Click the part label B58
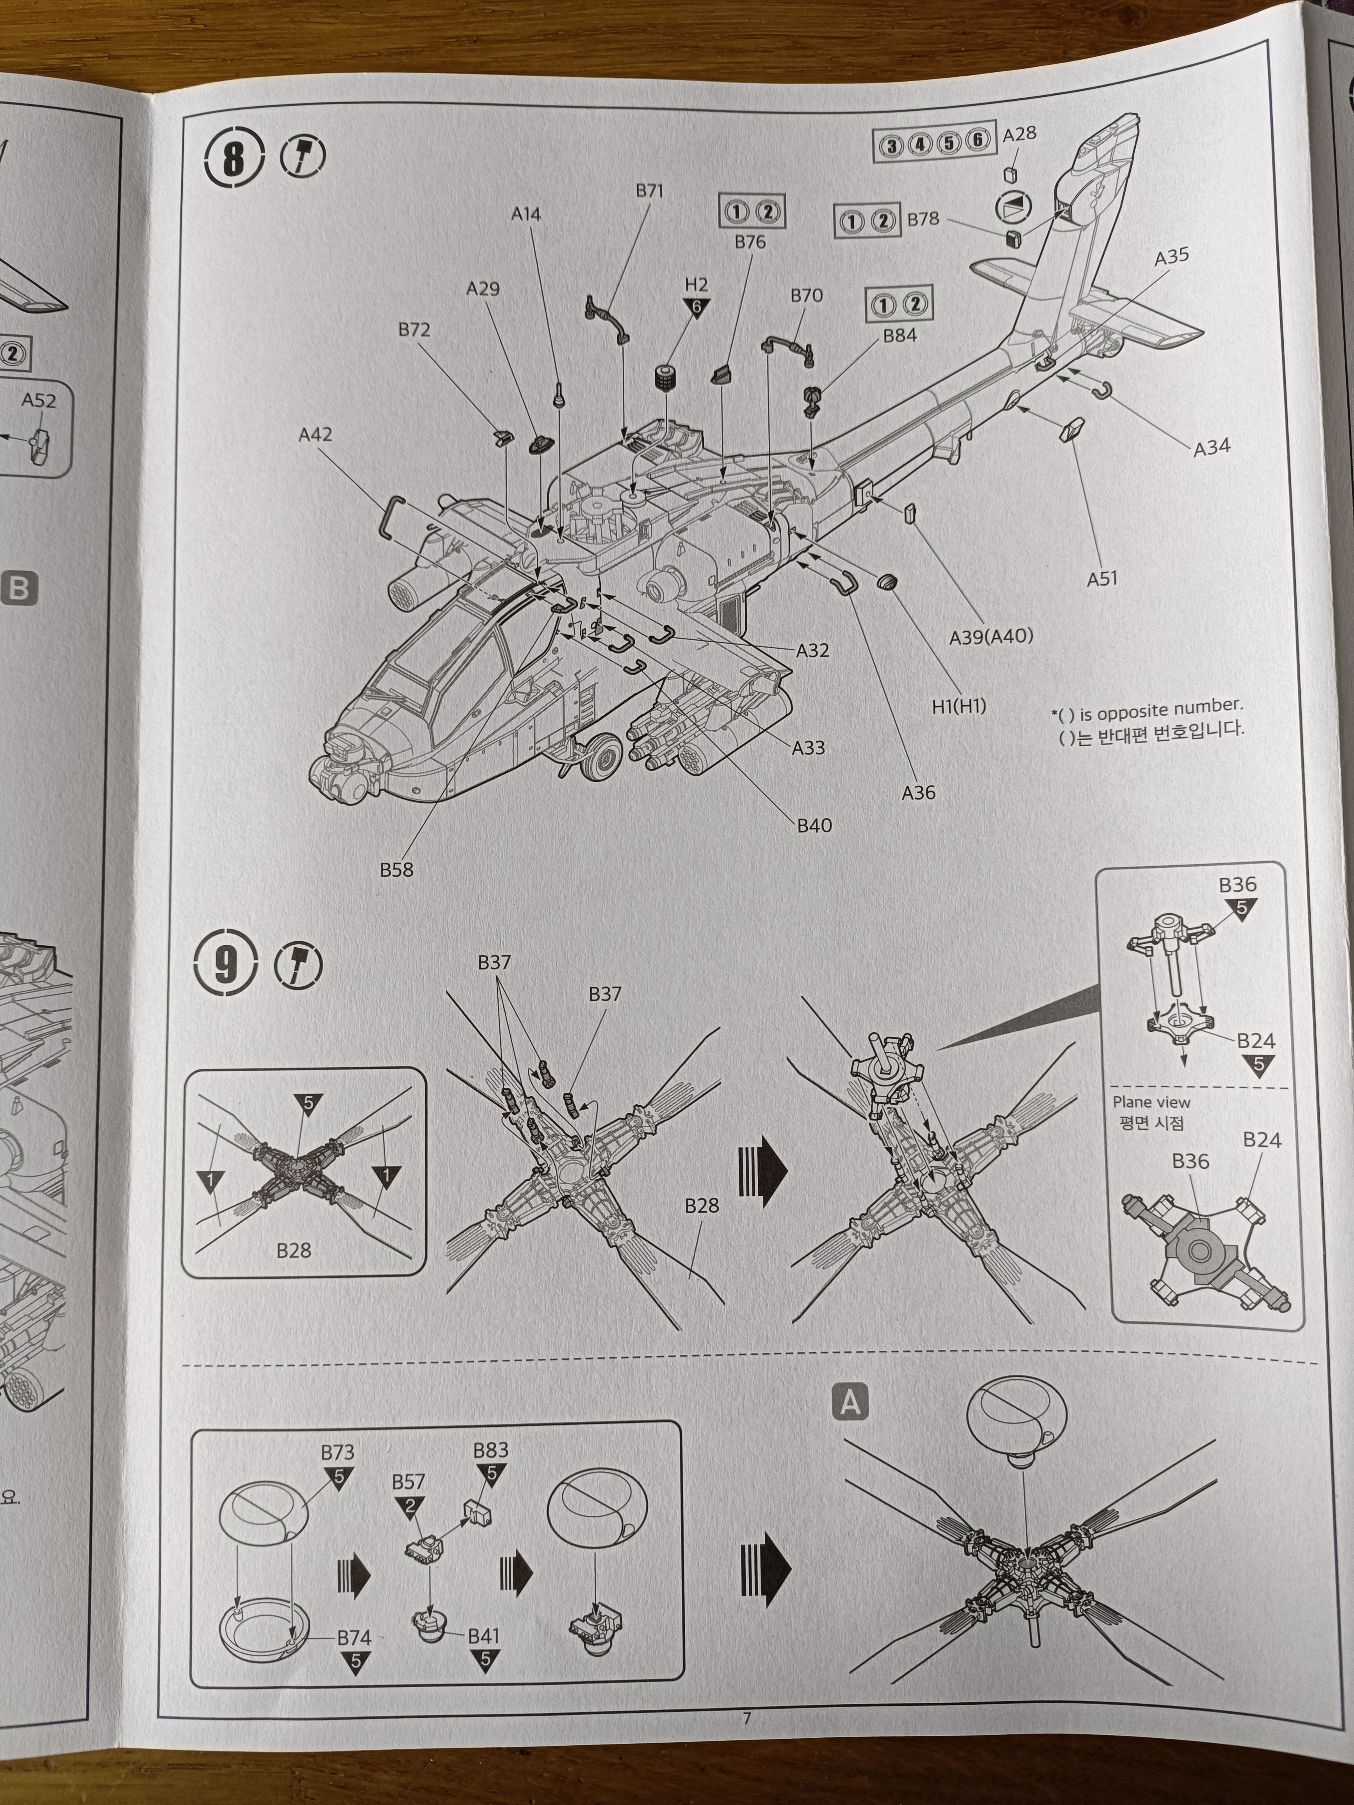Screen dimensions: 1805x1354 tap(397, 870)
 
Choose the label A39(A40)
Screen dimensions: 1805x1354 tap(991, 637)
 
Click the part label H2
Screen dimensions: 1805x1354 tap(696, 285)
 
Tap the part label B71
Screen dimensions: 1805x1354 tap(650, 191)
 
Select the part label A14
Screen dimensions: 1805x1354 tap(526, 215)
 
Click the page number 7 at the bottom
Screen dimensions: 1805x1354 tap(746, 1718)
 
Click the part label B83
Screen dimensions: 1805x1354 tap(490, 1450)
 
